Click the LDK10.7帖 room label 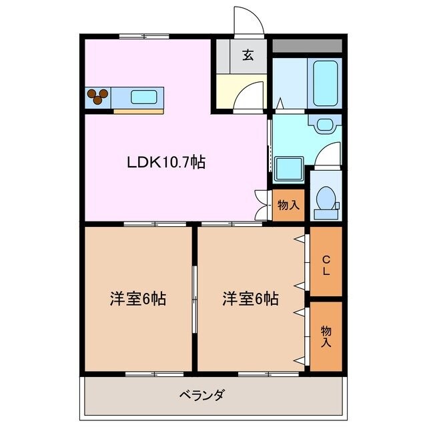coord(166,162)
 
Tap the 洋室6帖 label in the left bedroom coord(138,298)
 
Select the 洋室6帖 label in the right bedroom coord(250,298)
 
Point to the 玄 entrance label coord(248,55)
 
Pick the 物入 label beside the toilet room coord(288,205)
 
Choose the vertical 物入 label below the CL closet coord(326,336)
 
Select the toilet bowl coord(326,199)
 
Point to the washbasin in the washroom coord(326,124)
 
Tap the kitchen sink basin coord(145,96)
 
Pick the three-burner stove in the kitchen coord(98,96)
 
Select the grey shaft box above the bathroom coord(307,46)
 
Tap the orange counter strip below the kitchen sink coord(137,110)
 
